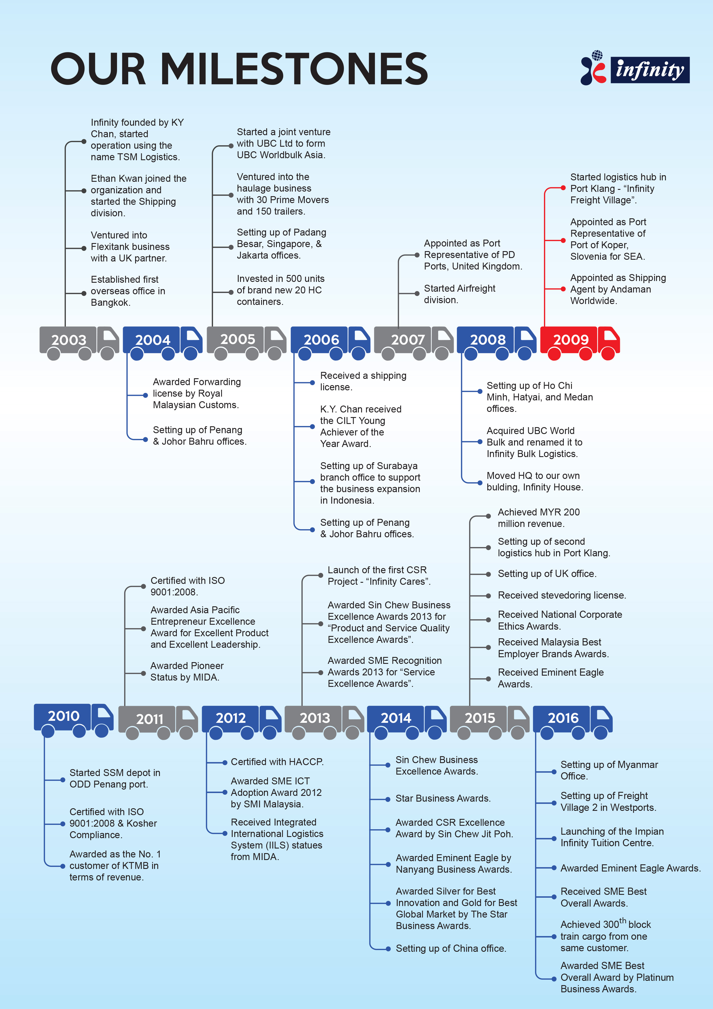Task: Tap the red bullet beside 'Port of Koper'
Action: tap(563, 240)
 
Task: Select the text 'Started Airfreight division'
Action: tap(459, 294)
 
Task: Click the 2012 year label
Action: tap(231, 718)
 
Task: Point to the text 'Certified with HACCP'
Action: tap(277, 762)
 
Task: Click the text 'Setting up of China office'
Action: tap(451, 948)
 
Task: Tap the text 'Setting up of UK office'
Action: tap(547, 574)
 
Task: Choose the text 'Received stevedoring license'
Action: tap(561, 595)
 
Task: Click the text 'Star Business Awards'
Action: tap(443, 798)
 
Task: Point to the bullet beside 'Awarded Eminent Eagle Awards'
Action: tap(554, 868)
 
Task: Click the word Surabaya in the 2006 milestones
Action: tap(393, 466)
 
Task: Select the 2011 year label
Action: tap(150, 719)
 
